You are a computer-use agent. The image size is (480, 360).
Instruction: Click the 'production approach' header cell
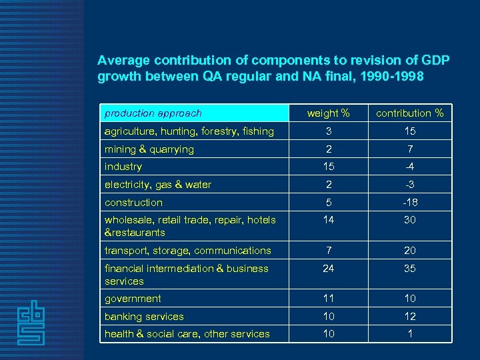click(x=153, y=113)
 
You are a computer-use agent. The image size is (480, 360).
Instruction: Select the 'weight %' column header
click(x=328, y=113)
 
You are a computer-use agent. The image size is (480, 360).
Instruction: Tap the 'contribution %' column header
click(x=409, y=113)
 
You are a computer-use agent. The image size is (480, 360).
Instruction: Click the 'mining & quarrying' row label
click(x=149, y=149)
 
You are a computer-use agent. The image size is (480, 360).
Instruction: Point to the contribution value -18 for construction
click(x=410, y=202)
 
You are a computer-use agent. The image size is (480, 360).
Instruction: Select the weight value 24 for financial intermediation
click(x=329, y=269)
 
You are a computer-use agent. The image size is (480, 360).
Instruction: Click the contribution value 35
click(x=410, y=269)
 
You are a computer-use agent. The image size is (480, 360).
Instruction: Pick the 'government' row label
click(x=133, y=299)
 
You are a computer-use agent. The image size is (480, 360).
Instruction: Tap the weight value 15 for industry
click(x=329, y=167)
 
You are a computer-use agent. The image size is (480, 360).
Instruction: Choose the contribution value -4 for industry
click(x=410, y=167)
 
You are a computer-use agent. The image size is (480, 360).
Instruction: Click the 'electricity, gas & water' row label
click(x=158, y=185)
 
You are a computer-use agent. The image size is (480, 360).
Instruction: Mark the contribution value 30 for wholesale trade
click(x=410, y=219)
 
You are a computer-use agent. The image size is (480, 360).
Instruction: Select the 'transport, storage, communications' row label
click(x=188, y=251)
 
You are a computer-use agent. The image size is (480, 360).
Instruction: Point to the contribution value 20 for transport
click(x=410, y=251)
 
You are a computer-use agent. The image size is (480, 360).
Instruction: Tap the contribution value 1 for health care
click(x=410, y=334)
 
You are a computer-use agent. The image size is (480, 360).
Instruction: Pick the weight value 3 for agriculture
click(x=329, y=131)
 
